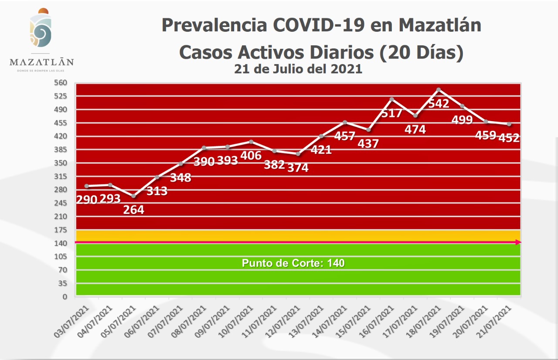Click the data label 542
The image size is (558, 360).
pos(439,105)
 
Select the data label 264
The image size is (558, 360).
pos(133,210)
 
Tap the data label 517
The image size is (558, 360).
pos(391,113)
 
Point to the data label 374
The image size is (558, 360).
pos(298,167)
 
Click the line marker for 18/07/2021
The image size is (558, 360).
pos(439,90)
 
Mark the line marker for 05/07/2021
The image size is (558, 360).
pos(133,196)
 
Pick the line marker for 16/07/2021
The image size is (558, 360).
pos(391,99)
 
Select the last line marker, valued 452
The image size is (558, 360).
pos(509,124)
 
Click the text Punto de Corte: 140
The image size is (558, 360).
pos(293,263)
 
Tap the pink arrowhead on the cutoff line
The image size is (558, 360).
pos(518,242)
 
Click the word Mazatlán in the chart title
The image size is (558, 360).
pos(440,25)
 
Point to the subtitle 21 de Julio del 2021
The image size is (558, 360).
pos(298,69)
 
